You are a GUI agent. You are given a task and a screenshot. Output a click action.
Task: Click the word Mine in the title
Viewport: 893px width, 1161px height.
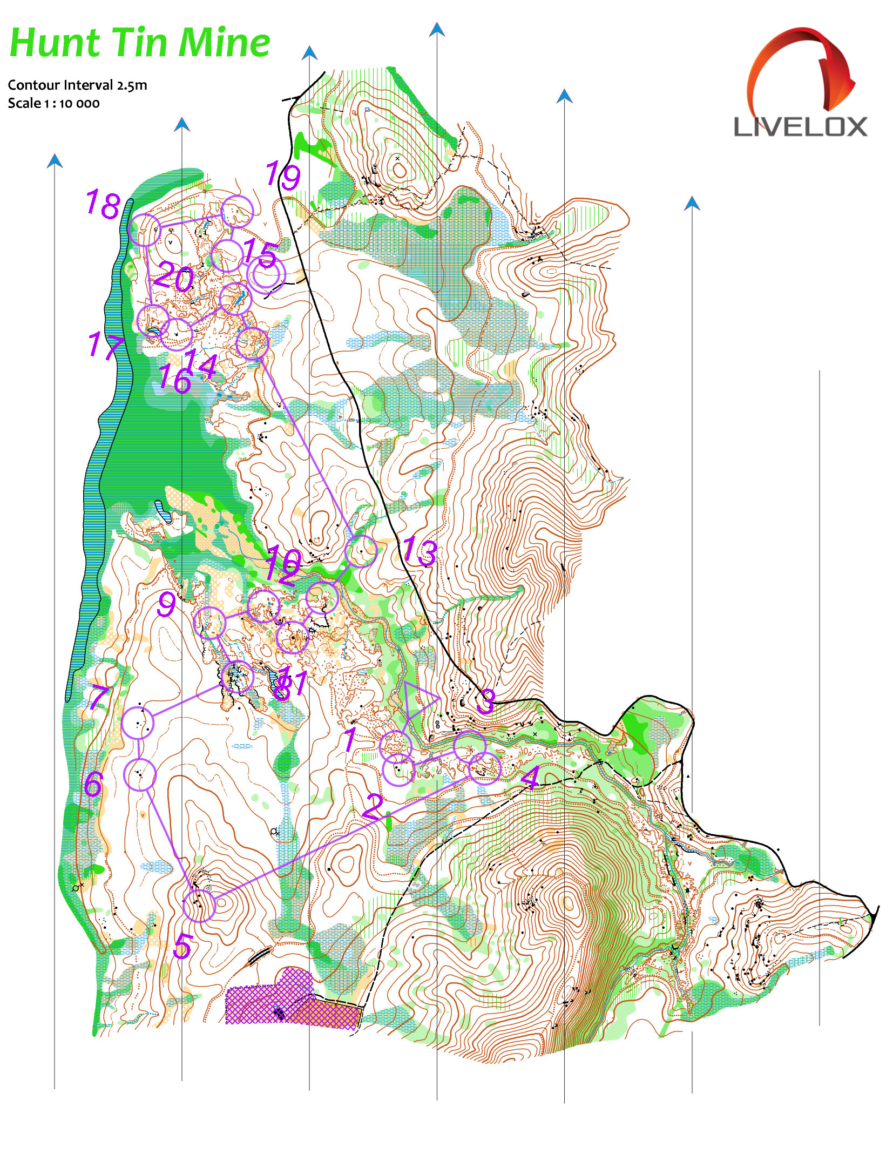coord(224,43)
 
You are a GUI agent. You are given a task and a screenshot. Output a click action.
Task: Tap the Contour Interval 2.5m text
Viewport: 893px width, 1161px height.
coord(77,85)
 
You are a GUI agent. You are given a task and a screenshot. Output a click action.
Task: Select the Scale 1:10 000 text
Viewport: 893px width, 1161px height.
coord(53,104)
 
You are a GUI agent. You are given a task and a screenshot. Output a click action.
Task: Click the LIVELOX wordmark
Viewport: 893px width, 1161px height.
coord(800,127)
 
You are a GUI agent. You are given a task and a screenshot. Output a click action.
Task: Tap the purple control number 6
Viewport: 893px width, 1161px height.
coord(93,784)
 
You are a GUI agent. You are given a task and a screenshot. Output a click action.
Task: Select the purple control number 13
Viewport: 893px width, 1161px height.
coord(420,551)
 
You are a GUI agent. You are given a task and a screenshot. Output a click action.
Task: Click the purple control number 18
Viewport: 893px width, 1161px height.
coord(103,204)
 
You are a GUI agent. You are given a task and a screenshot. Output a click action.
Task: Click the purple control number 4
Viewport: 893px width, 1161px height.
coord(530,778)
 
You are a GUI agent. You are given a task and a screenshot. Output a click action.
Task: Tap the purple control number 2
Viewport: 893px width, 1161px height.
coord(373,807)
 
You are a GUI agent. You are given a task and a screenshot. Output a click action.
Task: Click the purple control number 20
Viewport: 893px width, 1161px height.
coord(173,278)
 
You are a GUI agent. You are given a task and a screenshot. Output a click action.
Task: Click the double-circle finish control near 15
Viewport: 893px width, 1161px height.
coord(266,274)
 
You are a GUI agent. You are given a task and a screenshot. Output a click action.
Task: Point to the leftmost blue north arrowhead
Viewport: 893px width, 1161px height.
coord(55,160)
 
